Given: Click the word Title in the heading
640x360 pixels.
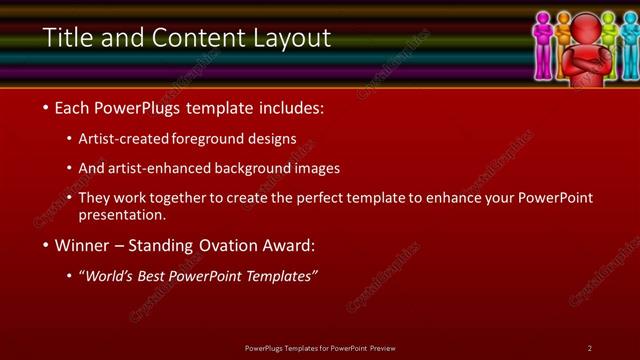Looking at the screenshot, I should [64, 38].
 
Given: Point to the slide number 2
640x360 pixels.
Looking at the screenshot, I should [590, 348].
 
